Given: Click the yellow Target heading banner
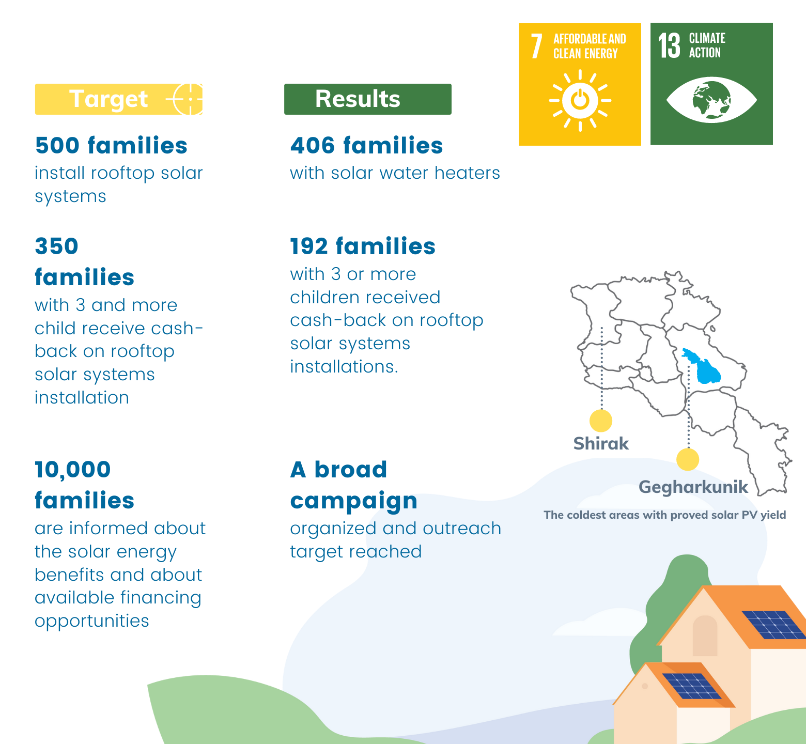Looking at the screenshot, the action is click(x=119, y=99).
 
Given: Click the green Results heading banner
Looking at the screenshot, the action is click(x=368, y=99).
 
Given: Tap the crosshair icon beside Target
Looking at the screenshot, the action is click(x=187, y=99).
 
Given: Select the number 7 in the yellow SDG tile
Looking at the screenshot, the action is click(x=537, y=47).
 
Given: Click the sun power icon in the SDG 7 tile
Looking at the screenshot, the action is click(x=580, y=100).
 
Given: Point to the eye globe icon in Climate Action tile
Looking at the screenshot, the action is click(x=711, y=100).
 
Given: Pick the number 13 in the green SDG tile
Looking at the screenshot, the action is click(x=670, y=46).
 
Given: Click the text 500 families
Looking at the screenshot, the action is click(x=111, y=146).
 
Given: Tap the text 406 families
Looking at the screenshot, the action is click(x=366, y=146).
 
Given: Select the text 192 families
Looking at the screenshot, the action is click(x=363, y=246).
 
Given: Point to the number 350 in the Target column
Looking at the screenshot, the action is click(x=57, y=246).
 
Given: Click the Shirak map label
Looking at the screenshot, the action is click(x=601, y=444).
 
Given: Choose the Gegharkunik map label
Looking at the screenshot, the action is click(x=693, y=487).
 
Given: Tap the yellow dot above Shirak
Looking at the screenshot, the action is click(x=601, y=421).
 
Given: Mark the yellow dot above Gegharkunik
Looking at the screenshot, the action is click(x=688, y=459).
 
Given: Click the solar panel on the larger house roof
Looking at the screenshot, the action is click(x=774, y=625).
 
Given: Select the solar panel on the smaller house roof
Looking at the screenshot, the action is click(x=691, y=686).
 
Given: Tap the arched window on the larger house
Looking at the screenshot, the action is click(x=705, y=636).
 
